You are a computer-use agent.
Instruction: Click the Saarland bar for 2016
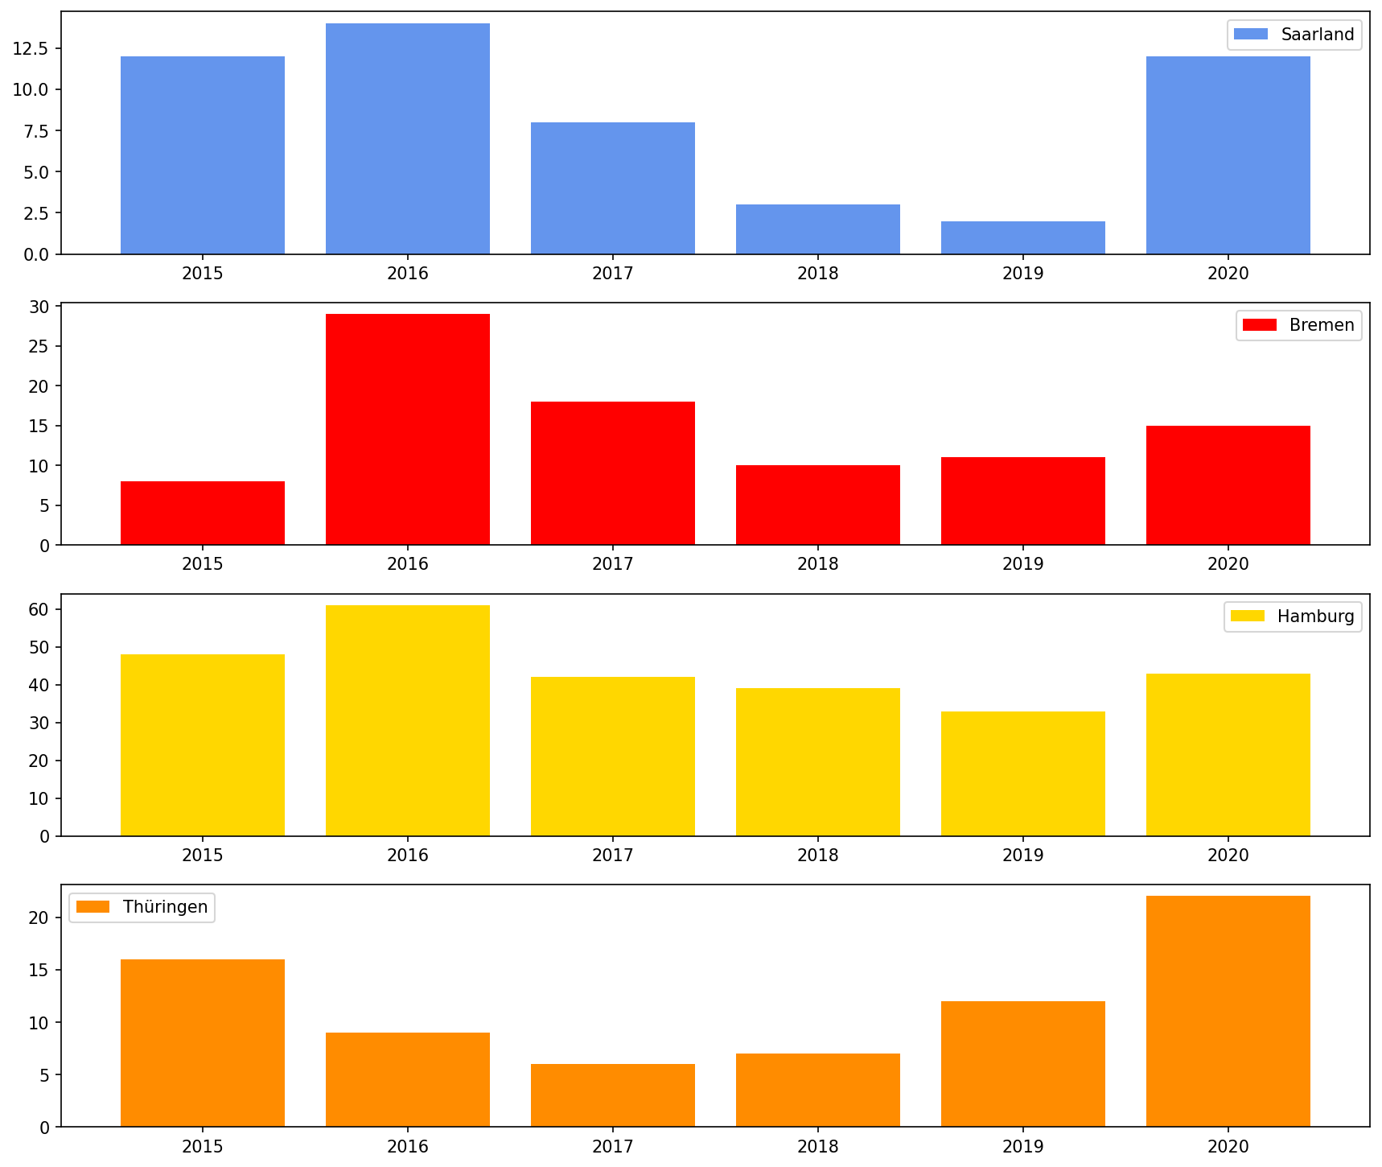[x=408, y=138]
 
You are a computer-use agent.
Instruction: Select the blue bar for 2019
[x=1023, y=238]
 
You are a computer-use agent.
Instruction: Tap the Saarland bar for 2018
[x=818, y=229]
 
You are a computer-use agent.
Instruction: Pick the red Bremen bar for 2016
[x=408, y=429]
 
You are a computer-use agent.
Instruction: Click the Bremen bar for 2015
[x=203, y=513]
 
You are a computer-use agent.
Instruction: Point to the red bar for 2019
[x=1023, y=501]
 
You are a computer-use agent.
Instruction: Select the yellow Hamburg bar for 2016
[x=408, y=720]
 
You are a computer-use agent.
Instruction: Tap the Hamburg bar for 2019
[x=1023, y=773]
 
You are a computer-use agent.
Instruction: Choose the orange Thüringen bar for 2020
[x=1228, y=1011]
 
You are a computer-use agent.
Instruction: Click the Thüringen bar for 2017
[x=613, y=1095]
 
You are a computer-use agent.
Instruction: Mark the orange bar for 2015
[x=203, y=1043]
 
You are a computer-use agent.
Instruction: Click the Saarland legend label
[x=1318, y=35]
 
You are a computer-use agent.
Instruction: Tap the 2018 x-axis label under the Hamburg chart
[x=818, y=855]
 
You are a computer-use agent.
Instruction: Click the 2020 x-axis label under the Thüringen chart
[x=1228, y=1145]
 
